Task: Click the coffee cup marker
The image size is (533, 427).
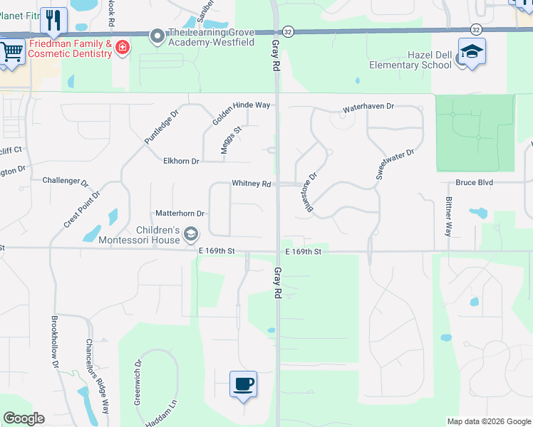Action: pos(243,384)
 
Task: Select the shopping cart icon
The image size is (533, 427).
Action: pos(11,52)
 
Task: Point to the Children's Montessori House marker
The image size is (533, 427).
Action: pos(191,233)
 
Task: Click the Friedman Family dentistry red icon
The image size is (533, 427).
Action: pos(123,48)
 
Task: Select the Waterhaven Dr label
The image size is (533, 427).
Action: pos(368,106)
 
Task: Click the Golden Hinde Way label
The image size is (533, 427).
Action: pos(242,105)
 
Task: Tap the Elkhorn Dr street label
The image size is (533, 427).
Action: pos(181,161)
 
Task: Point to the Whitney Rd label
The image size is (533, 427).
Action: pos(251,184)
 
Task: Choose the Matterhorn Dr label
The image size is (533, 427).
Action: pos(180,213)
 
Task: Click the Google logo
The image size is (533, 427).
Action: pos(24,418)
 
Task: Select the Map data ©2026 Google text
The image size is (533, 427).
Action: pos(488,421)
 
